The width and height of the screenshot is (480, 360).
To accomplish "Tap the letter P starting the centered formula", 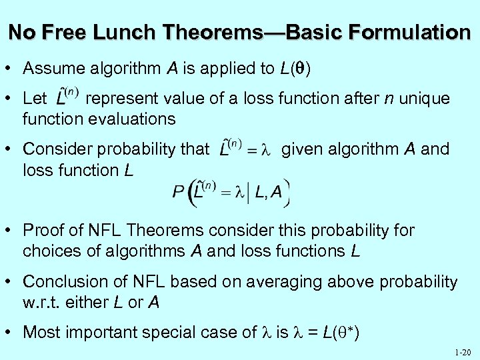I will click(x=178, y=191).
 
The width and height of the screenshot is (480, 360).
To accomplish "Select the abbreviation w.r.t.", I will click(x=41, y=302).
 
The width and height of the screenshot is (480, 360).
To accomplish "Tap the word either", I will click(x=93, y=302).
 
